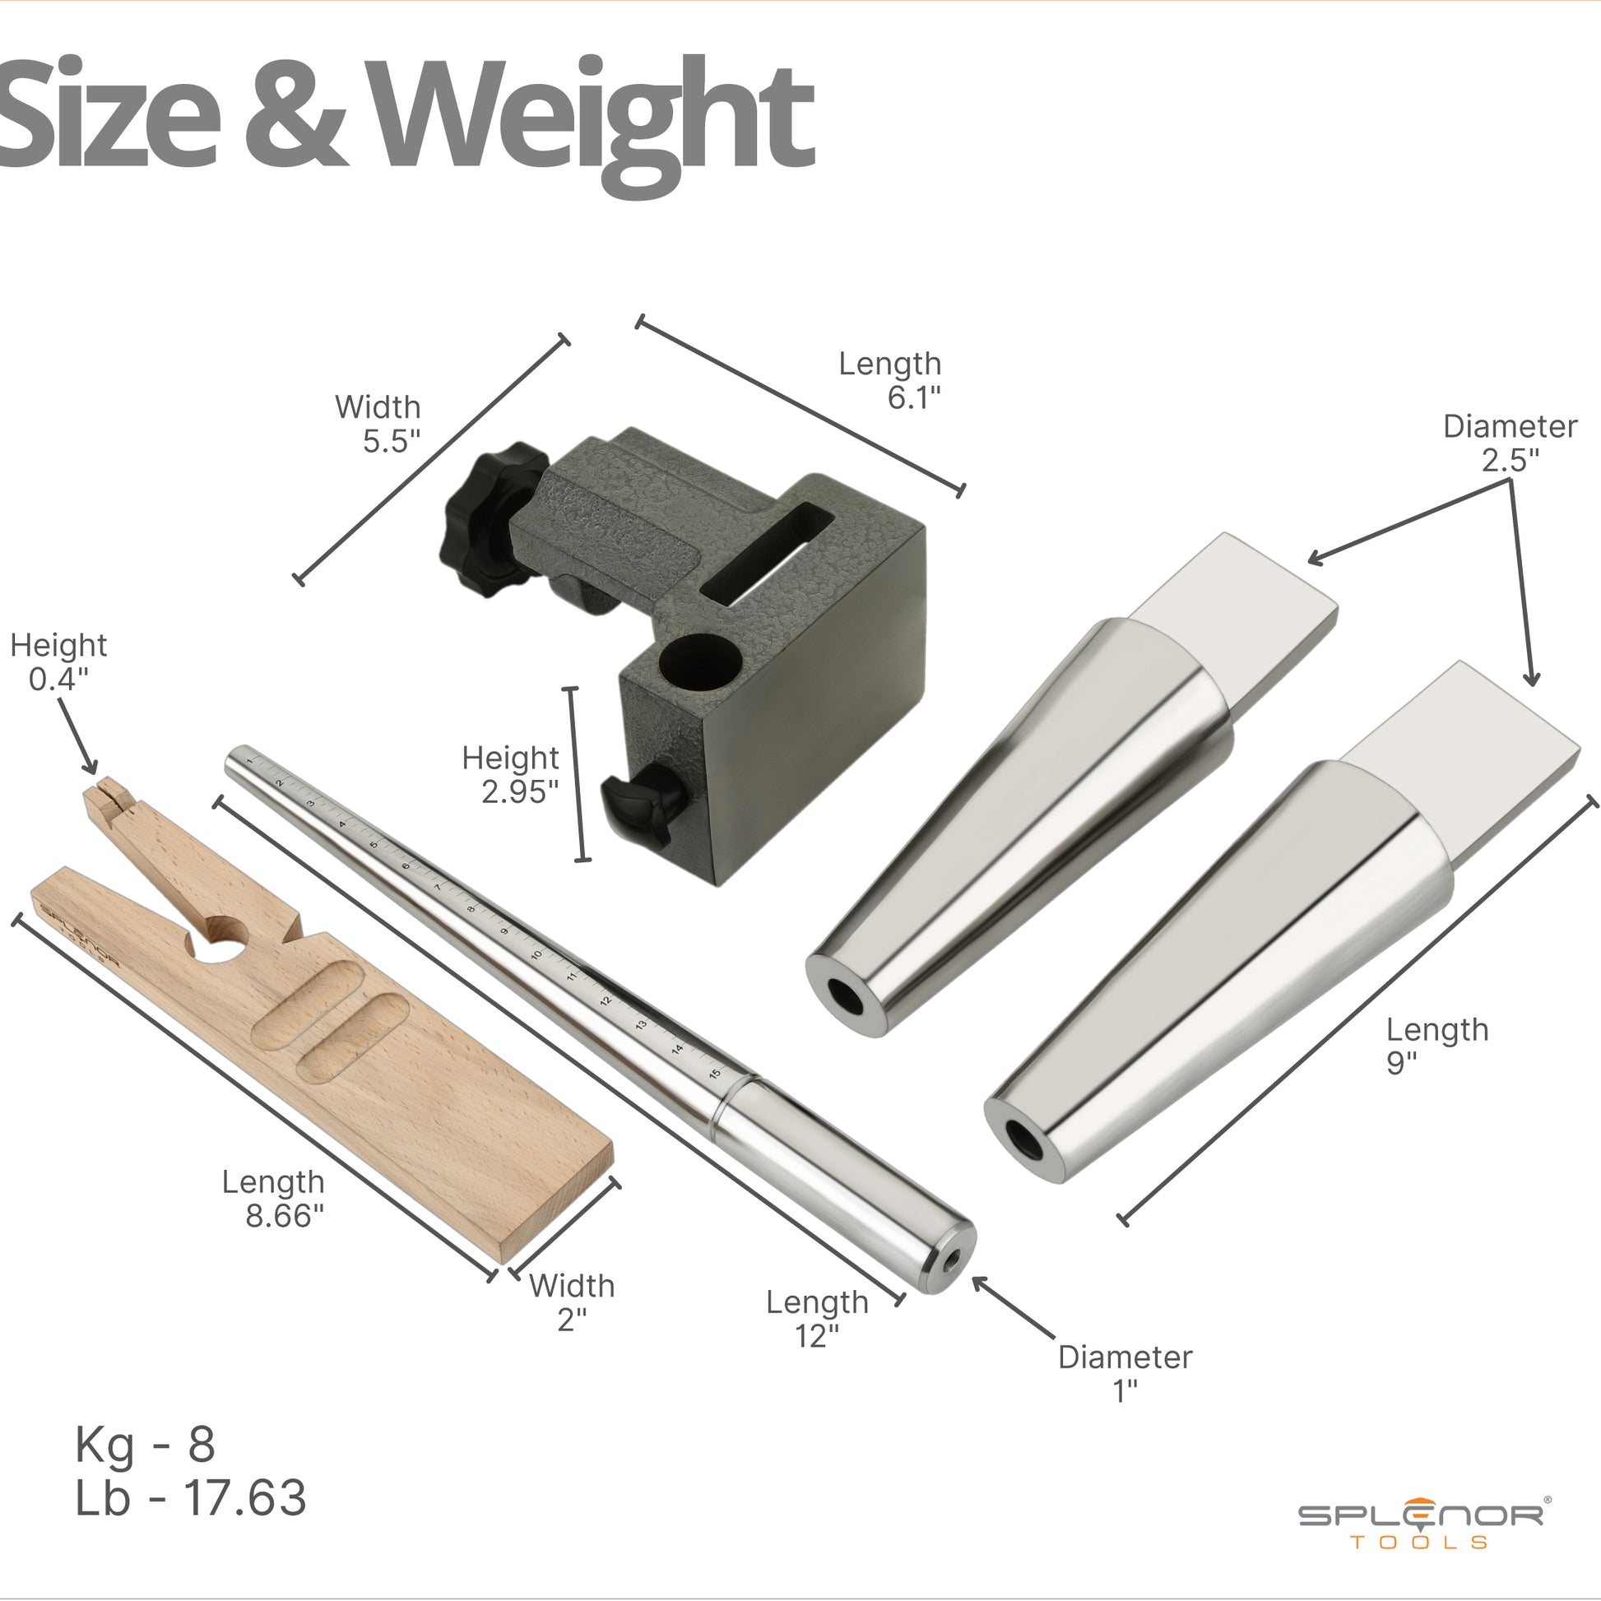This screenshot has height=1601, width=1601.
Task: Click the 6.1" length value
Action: point(914,398)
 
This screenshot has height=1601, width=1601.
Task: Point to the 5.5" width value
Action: point(391,442)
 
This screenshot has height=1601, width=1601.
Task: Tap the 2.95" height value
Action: point(521,792)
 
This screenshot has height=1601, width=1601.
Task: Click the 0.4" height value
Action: point(58,680)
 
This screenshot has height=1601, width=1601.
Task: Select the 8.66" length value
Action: point(284,1216)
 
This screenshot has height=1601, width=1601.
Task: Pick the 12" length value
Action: point(817,1336)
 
